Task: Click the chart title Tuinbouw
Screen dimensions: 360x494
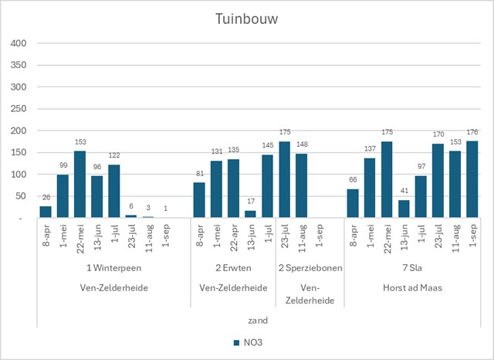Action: (x=246, y=18)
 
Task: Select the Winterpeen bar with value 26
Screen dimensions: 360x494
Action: (x=46, y=212)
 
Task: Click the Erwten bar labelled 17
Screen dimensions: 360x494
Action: (x=250, y=214)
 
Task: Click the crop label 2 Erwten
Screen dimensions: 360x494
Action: (x=233, y=267)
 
